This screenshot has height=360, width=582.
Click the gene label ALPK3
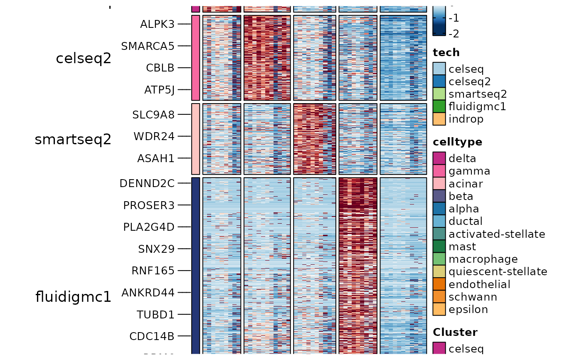coord(157,24)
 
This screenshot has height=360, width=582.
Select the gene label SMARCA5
coord(148,46)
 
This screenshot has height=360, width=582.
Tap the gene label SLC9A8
coord(153,114)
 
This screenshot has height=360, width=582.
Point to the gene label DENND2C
coord(147,183)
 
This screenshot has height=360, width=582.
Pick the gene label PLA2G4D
coord(149,227)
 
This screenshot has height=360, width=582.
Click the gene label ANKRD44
coord(148,293)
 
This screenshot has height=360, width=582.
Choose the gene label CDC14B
coord(152,336)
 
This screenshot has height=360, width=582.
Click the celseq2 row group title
coord(84,59)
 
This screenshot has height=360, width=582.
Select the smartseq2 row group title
coord(73,140)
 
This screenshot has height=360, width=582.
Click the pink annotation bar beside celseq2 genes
coord(196,58)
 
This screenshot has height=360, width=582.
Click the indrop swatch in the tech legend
coord(439,119)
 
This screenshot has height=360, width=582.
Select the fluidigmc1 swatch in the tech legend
coord(439,107)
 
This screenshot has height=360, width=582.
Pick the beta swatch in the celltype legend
coord(439,196)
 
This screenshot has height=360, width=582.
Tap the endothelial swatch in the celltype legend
coord(439,284)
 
